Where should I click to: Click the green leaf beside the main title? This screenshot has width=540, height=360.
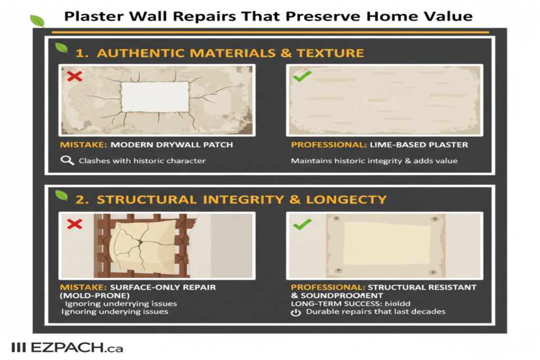point(37,21)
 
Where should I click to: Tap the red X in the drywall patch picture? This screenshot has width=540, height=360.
point(75,77)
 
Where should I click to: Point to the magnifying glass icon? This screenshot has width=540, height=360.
point(67,160)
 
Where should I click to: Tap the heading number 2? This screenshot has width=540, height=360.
point(81,200)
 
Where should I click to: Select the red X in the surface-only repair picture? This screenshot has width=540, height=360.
point(75,224)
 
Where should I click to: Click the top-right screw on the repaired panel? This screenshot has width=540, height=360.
point(434,219)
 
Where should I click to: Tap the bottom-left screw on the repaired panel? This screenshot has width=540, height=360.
point(334,272)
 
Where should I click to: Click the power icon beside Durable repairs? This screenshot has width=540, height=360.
point(296,312)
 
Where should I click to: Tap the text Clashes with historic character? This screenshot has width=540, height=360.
point(142,160)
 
